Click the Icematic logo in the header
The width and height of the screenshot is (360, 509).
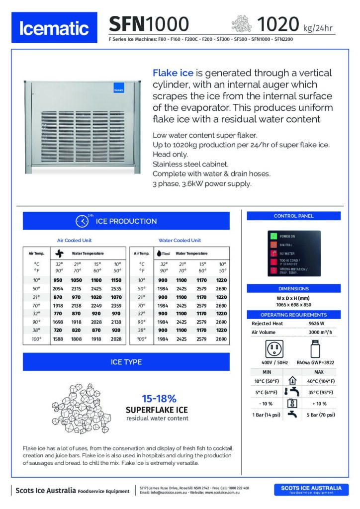(x=54, y=29)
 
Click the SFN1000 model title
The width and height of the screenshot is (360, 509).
(x=149, y=23)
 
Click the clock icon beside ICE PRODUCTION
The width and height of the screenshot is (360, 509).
(x=82, y=221)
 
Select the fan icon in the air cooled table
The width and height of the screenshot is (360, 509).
(x=60, y=253)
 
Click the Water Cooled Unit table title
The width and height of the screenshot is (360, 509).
(x=180, y=241)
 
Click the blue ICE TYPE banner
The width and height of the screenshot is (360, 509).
(x=126, y=362)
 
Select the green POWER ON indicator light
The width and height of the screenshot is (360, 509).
(x=272, y=236)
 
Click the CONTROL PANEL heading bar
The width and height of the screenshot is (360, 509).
(x=293, y=216)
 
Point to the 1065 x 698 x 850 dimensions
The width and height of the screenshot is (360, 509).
(x=293, y=304)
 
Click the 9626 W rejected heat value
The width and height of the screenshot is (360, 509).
(x=317, y=323)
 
